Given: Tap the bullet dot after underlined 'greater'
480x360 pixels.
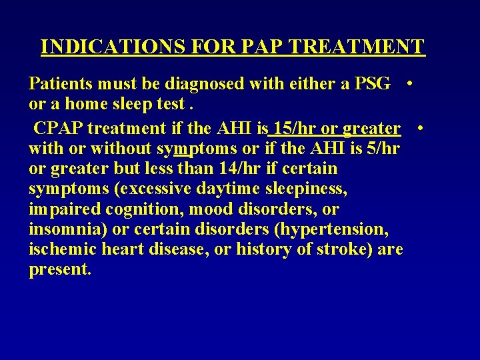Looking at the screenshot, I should [421, 127].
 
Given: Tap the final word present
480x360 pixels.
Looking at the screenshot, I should [60, 271].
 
